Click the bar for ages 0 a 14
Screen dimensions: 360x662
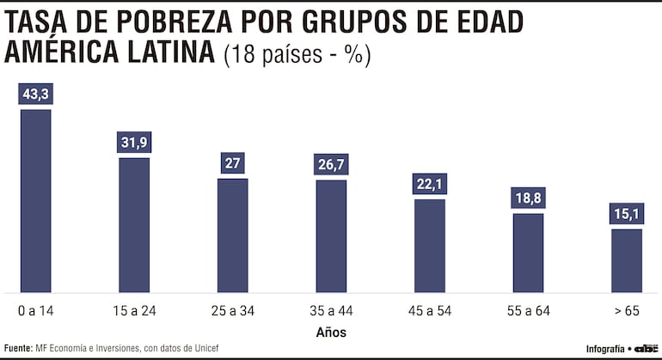[35, 200]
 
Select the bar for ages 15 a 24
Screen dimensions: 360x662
[134, 224]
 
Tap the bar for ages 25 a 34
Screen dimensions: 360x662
[232, 235]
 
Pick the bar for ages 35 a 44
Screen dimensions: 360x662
[331, 235]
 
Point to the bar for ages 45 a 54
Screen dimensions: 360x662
[430, 245]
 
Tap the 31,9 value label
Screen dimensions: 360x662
[134, 143]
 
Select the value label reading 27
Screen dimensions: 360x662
[232, 163]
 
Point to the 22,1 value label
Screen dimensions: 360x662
[430, 184]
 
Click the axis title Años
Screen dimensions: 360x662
[331, 331]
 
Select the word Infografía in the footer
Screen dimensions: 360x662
[605, 348]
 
